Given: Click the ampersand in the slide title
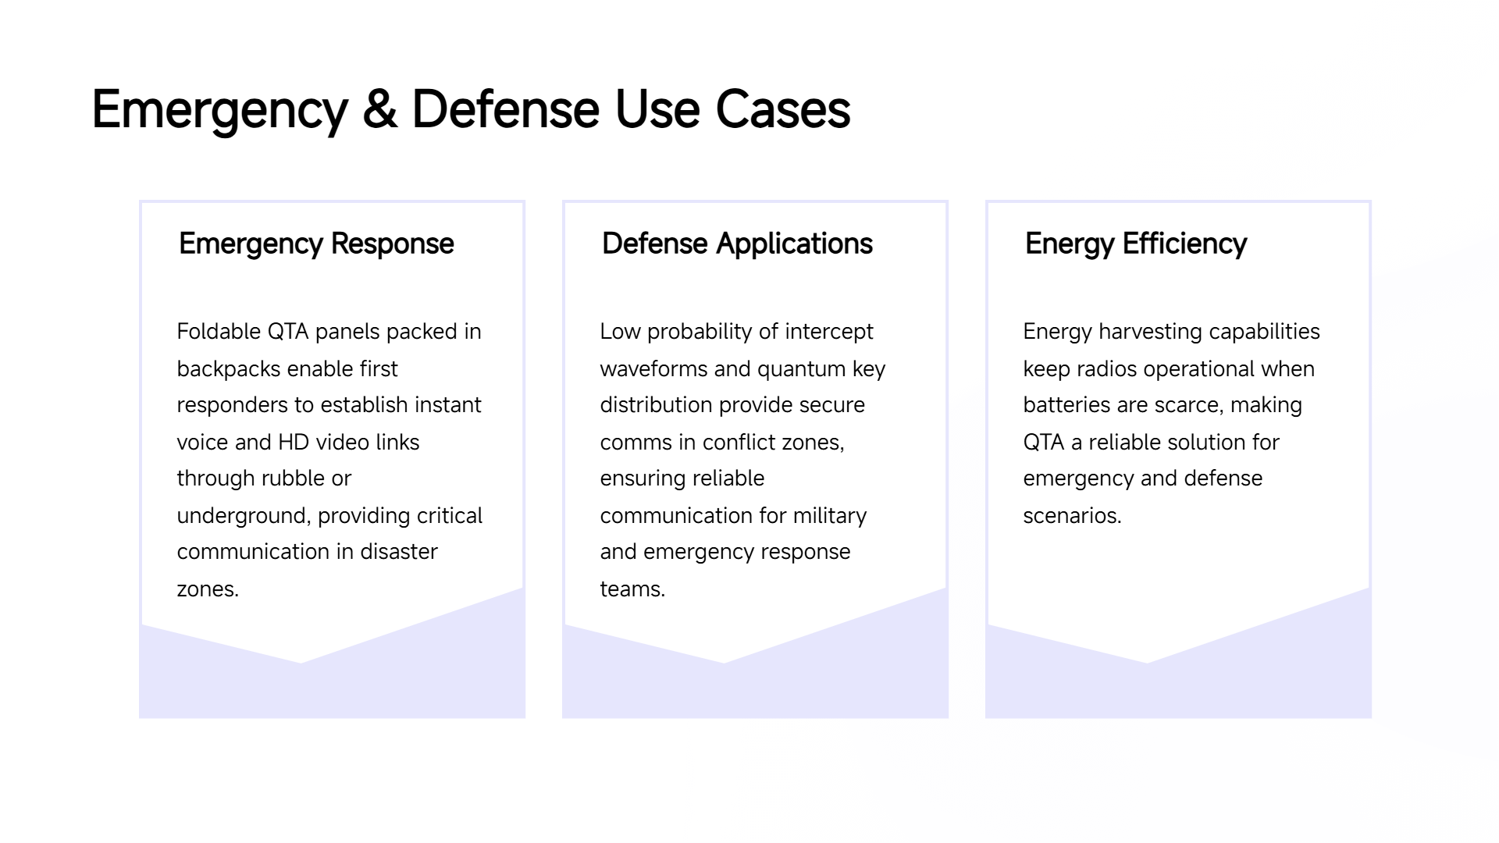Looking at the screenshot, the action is (x=380, y=109).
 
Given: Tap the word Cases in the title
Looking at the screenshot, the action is (x=782, y=109).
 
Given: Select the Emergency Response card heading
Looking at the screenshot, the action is (x=316, y=244).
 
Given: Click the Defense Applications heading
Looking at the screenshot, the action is (x=737, y=244).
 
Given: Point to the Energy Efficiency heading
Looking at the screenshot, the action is (x=1136, y=244).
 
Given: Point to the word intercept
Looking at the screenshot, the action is (x=828, y=332).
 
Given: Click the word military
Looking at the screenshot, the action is (x=830, y=516).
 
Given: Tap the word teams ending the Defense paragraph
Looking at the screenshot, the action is (x=632, y=589).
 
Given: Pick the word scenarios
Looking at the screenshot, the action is (x=1072, y=516).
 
